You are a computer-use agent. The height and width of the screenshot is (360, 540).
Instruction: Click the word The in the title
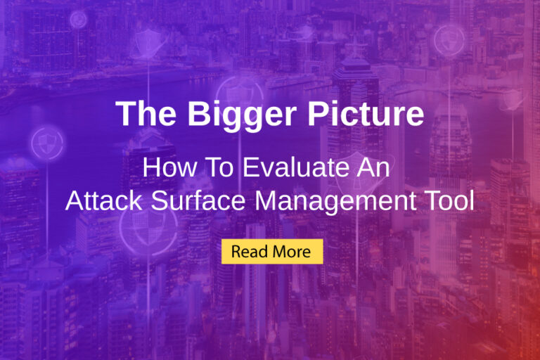pos(141,115)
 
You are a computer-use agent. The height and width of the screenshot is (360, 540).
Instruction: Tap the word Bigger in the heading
pos(221,115)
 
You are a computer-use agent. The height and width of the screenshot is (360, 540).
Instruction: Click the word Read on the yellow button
pos(248,251)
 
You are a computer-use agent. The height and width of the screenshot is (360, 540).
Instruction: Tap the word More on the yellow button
pos(293,251)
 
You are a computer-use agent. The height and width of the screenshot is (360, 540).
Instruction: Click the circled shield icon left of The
pos(47,143)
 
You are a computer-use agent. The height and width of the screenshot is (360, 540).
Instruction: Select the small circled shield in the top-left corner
pos(78,20)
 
